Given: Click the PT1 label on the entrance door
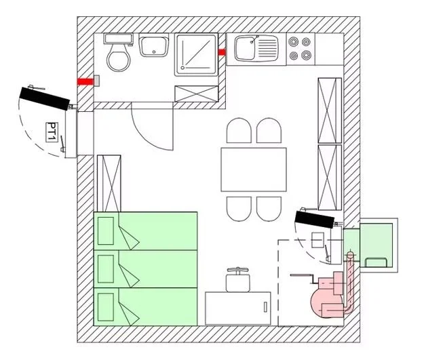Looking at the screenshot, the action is pos(51,129).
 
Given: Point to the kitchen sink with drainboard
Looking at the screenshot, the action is pos(256,49).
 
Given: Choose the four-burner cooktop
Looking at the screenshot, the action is pos(301,47).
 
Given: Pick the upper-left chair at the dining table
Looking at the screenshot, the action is pos(238,131).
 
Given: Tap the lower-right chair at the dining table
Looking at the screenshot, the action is pos(269,208).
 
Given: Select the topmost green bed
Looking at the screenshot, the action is pos(146,231).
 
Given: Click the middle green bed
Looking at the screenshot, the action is pos(146,270).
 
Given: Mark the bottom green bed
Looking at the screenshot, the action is pos(146,308).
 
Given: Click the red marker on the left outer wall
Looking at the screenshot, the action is pos(85,81).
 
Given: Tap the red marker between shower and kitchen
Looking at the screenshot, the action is pos(222,52).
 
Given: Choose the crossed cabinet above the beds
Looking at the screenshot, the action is pos(109,183).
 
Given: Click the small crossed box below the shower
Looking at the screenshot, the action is pos(197,94).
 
